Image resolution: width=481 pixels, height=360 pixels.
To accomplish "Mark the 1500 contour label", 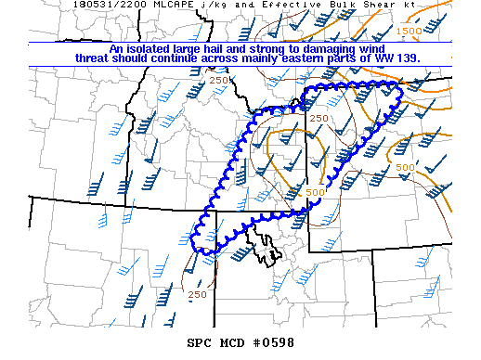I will coord(409,31).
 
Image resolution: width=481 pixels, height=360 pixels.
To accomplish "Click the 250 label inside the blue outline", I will coord(318,118).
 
